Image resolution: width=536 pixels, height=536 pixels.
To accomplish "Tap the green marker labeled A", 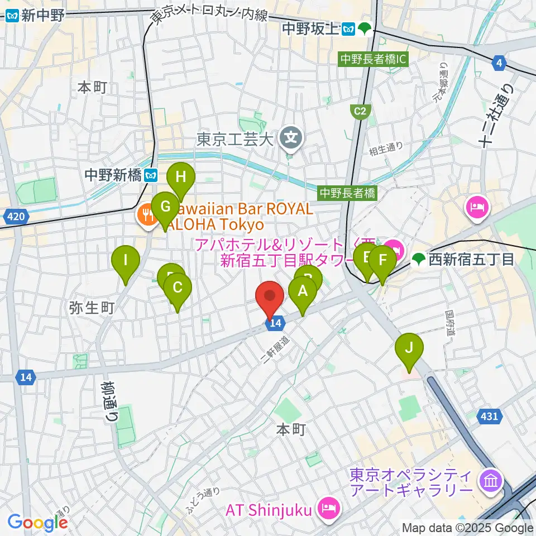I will [x=302, y=291].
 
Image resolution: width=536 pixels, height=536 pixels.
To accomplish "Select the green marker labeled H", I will [x=180, y=178].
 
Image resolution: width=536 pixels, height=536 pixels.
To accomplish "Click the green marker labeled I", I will [x=126, y=260].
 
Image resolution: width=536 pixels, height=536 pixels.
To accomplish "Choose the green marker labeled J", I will [x=409, y=348].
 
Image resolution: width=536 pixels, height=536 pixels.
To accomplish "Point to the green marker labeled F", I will [x=382, y=261].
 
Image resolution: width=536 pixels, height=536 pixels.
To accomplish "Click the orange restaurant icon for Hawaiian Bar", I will [x=148, y=215].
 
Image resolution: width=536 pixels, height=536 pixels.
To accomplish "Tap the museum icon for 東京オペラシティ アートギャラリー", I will [x=491, y=480].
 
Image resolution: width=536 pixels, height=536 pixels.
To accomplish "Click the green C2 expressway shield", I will [x=361, y=112].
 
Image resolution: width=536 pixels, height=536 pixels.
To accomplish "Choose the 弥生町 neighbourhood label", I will [x=92, y=308].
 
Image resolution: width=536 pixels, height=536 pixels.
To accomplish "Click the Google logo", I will [x=37, y=523].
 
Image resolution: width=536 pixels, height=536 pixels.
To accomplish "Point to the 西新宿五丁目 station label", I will [x=469, y=259].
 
